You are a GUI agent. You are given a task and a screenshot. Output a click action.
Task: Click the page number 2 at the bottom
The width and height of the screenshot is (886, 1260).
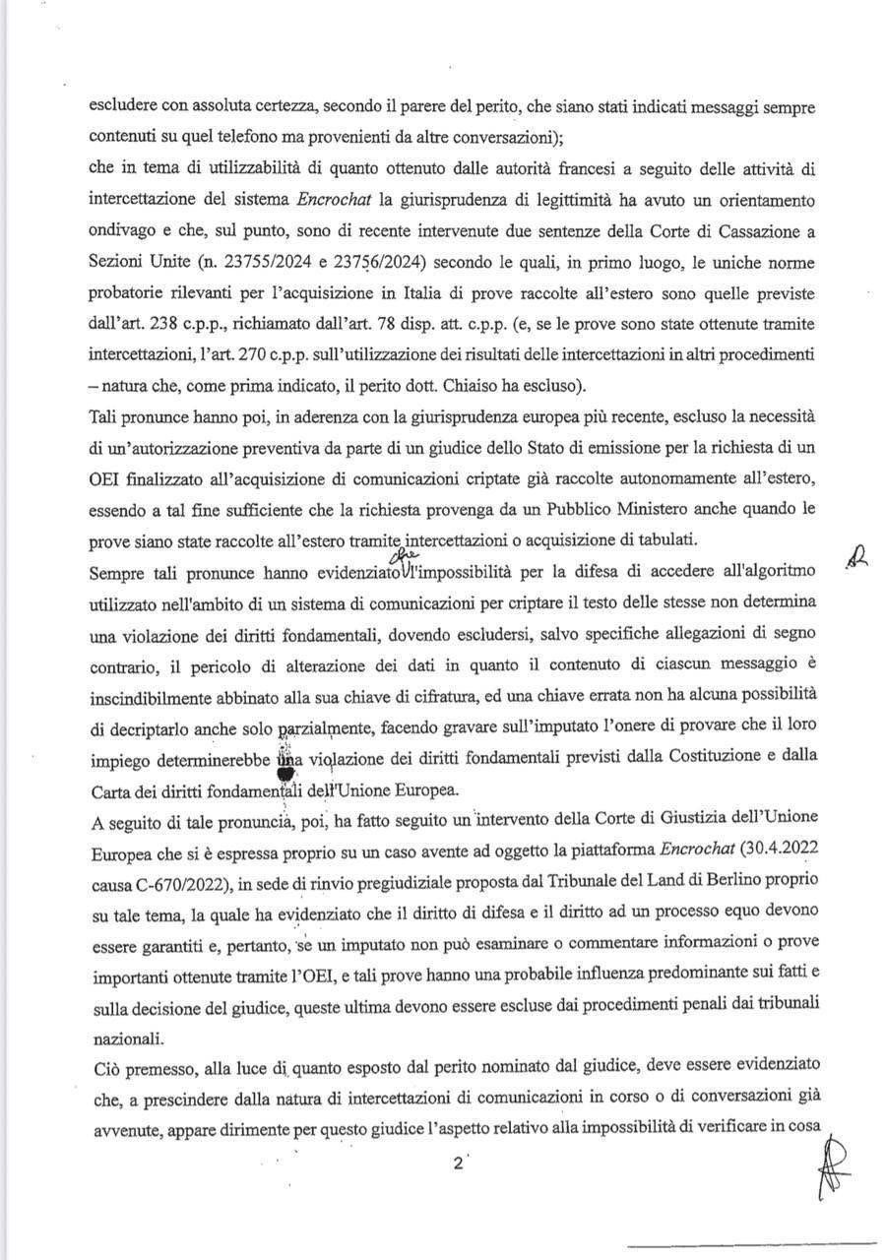[x=457, y=1162]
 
